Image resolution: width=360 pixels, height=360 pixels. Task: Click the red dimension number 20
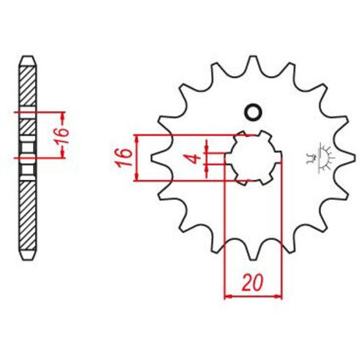pos(252,283)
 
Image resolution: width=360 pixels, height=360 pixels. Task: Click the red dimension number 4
pos(195,159)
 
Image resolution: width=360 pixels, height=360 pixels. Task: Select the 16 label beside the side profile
pos(63,136)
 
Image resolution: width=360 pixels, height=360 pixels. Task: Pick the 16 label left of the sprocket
pos(125,157)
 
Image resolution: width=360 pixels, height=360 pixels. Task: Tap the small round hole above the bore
pos(253,112)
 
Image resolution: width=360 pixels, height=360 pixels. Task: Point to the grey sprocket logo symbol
pos(319,159)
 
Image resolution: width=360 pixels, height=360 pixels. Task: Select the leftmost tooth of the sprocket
pos(156,158)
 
